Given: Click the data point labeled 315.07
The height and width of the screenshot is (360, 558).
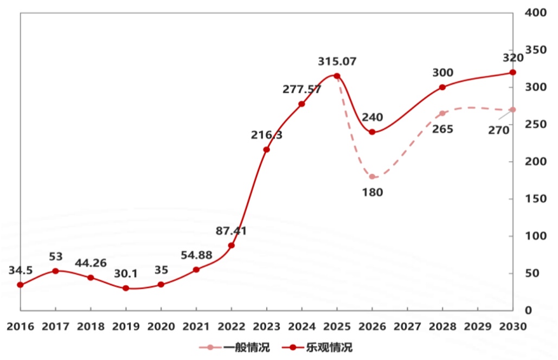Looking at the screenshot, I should (337, 76).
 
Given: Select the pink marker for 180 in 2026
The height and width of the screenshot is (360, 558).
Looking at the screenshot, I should (372, 177).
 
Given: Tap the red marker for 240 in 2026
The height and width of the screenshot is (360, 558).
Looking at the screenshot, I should (372, 132).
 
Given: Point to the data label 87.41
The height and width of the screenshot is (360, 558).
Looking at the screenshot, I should (231, 231).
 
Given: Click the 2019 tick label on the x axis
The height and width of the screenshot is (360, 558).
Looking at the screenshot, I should (126, 327).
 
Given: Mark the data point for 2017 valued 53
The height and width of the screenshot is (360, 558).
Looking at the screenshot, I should (55, 271).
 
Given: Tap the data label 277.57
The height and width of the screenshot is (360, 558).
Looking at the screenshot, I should (302, 89).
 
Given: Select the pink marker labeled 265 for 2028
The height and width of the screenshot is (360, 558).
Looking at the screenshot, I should (442, 113).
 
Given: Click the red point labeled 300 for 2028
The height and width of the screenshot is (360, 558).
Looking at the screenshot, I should (442, 87).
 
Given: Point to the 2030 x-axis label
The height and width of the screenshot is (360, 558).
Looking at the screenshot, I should (512, 327).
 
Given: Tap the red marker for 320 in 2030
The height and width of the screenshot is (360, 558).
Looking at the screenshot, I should (513, 72).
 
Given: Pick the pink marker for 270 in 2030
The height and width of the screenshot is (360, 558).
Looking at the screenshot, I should (513, 110).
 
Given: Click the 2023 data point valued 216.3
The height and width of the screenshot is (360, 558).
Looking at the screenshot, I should (266, 150).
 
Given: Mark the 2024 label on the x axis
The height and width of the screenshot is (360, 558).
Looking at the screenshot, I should (302, 327).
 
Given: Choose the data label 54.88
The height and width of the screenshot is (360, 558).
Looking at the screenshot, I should (196, 255).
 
